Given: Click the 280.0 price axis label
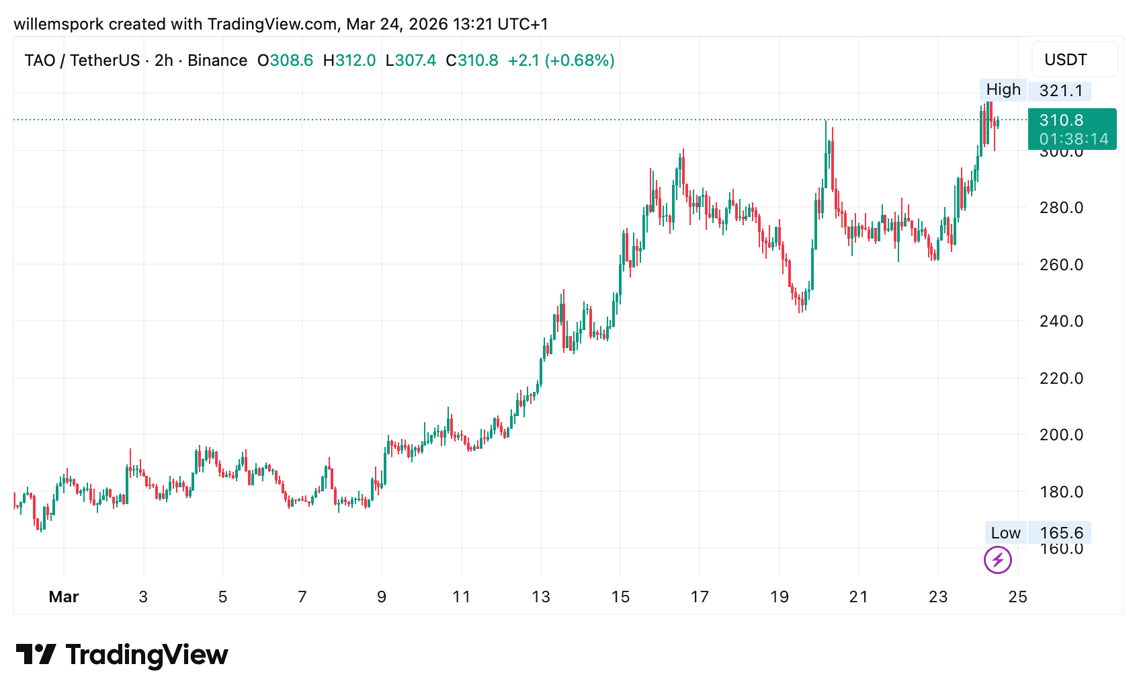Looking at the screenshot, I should click(x=1061, y=208).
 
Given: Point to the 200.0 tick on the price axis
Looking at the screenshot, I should click(x=1061, y=435).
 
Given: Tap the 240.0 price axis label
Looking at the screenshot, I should click(x=1061, y=321).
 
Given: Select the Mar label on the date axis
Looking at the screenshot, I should click(x=64, y=597).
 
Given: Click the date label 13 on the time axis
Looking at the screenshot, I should click(x=541, y=597).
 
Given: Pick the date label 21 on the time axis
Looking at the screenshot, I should click(x=859, y=597).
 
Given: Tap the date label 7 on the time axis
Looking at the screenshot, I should click(x=302, y=597).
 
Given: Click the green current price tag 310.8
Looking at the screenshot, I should click(x=1062, y=120).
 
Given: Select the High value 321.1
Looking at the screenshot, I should click(x=1061, y=91).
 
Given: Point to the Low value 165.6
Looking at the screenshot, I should click(x=1061, y=533).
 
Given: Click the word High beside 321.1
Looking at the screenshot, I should click(x=1003, y=89).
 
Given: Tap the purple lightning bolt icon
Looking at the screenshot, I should click(x=998, y=560).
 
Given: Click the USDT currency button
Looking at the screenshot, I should click(x=1066, y=60).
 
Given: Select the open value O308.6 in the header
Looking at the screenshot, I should click(x=286, y=60).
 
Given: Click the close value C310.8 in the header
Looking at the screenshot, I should click(x=472, y=60).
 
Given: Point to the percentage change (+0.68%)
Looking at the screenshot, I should click(x=580, y=60).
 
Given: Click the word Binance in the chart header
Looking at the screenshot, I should click(x=218, y=60).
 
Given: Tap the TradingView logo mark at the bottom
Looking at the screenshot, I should click(x=36, y=655).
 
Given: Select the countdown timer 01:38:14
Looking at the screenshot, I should click(x=1074, y=139).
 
